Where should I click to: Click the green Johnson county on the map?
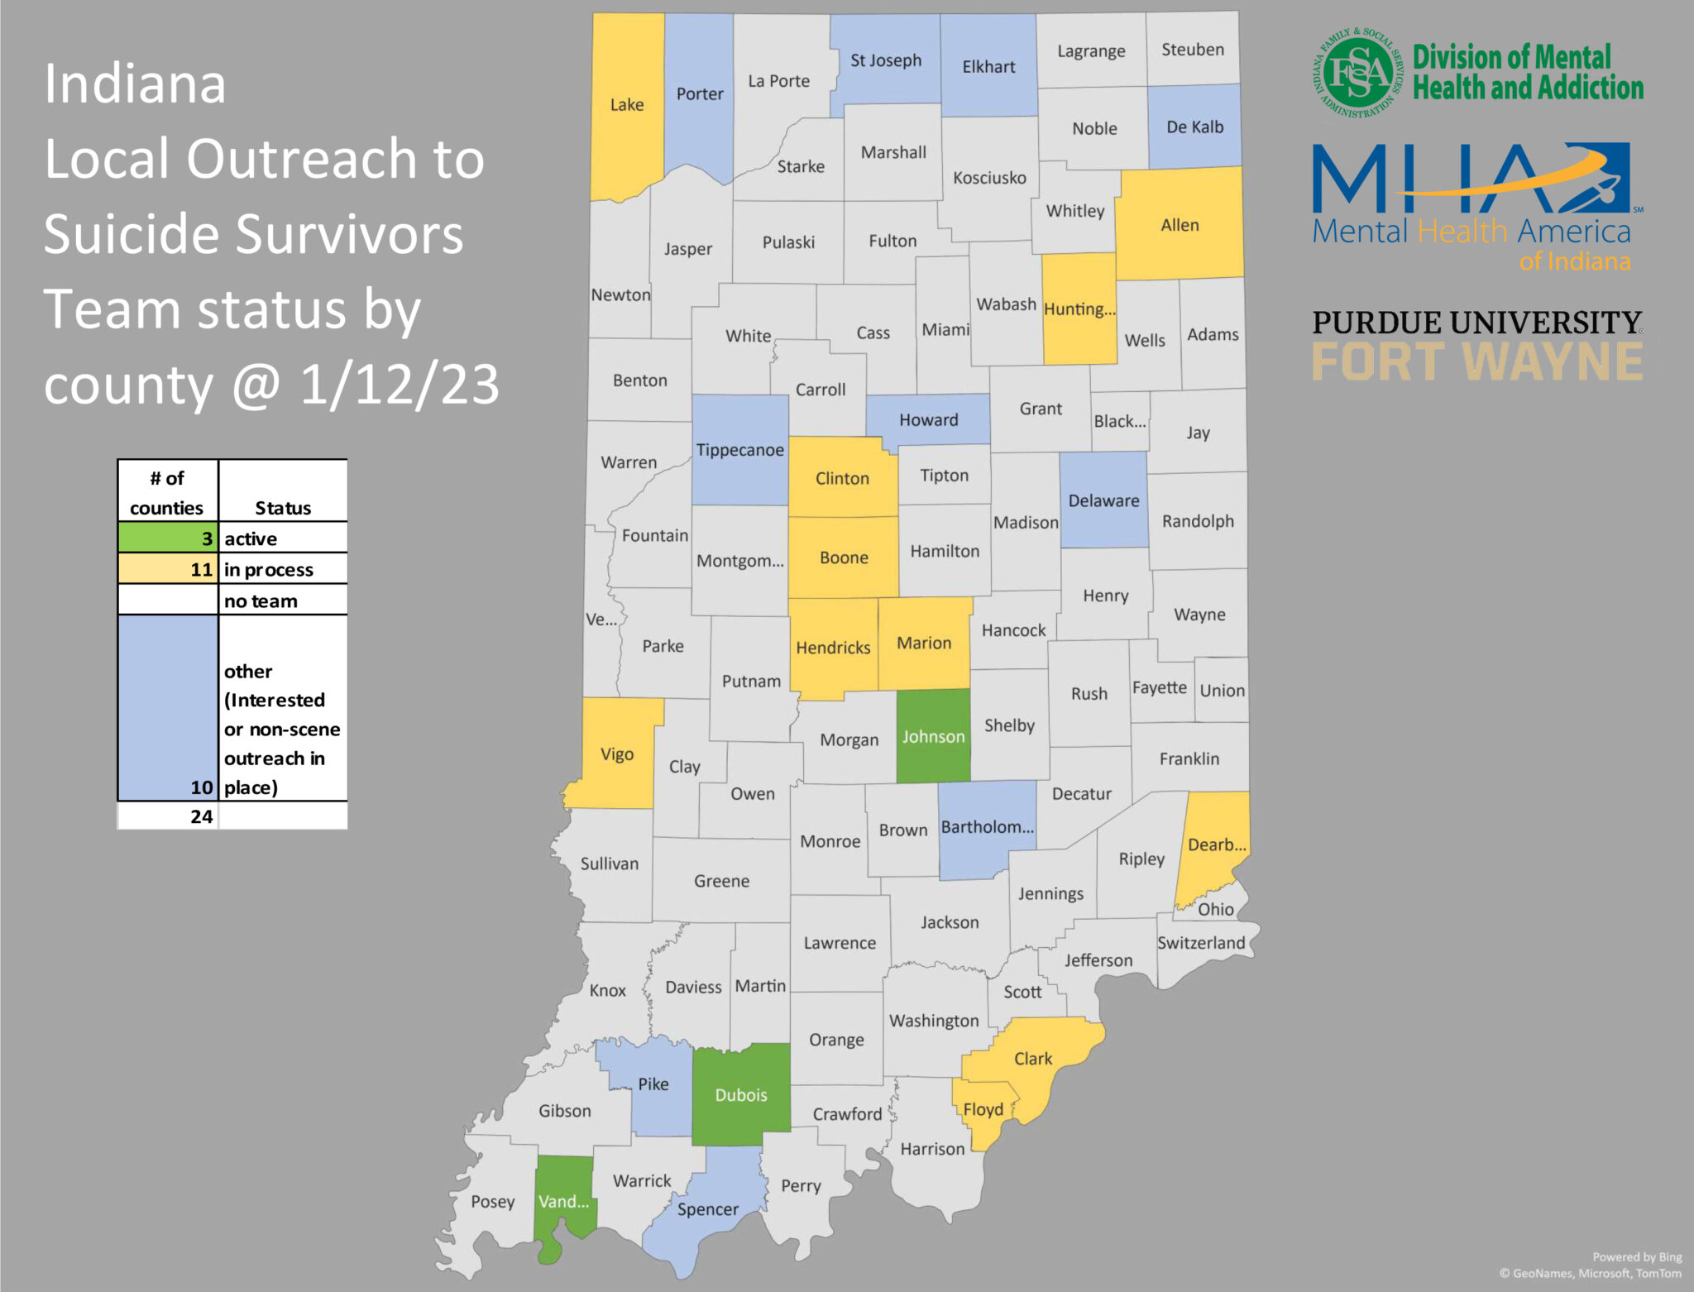coord(933,736)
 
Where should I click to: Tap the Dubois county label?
coord(741,1094)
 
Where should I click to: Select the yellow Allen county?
coord(1180,225)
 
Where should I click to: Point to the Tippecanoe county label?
coord(739,450)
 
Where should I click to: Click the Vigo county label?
coord(617,754)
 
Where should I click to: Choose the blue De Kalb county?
coord(1194,127)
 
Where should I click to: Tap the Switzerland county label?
coord(1201,943)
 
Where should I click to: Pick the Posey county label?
coord(493,1201)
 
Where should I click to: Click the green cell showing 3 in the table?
coord(168,538)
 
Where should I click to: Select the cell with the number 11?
coord(168,569)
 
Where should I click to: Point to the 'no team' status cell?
coord(282,601)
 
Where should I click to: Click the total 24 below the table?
coord(202,816)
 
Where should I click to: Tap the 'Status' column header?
coord(283,508)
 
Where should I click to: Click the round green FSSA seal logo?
coord(1357,73)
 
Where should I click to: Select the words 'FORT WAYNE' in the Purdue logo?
coord(1477,362)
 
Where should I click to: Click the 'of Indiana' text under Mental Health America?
coord(1574,262)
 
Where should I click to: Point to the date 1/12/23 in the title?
coord(400,385)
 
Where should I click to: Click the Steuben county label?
coord(1193,50)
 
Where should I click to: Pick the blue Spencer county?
coord(708,1208)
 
